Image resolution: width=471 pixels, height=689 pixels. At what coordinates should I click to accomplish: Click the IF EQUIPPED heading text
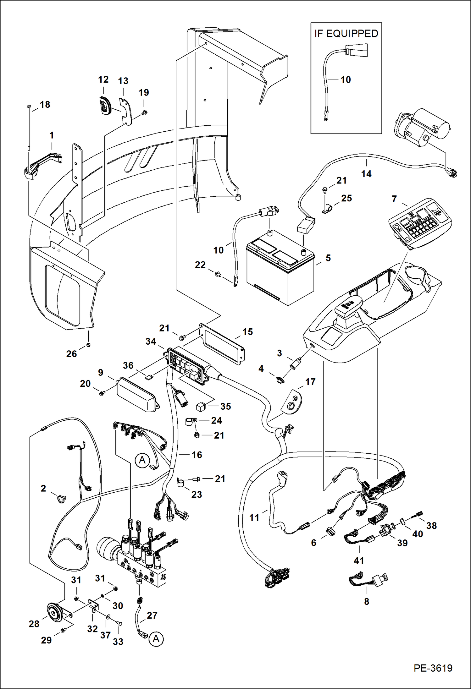(346, 34)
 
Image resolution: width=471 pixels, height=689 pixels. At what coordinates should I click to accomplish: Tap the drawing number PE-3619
(433, 668)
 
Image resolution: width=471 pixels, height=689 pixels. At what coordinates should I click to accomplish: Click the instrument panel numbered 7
(420, 223)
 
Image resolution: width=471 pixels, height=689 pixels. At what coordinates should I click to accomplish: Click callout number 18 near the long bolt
(45, 105)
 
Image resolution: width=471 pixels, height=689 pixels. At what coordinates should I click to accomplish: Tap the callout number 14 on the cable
(366, 174)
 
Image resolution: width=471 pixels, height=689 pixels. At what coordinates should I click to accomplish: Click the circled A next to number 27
(156, 639)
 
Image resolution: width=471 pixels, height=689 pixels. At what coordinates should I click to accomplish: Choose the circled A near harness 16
(142, 460)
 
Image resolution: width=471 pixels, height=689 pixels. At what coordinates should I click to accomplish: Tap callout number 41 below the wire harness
(359, 560)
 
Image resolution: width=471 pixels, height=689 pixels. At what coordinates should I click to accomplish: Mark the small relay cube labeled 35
(201, 407)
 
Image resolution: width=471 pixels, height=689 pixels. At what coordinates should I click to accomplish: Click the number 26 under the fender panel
(71, 354)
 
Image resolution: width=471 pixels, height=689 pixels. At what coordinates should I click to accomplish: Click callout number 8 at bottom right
(366, 601)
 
